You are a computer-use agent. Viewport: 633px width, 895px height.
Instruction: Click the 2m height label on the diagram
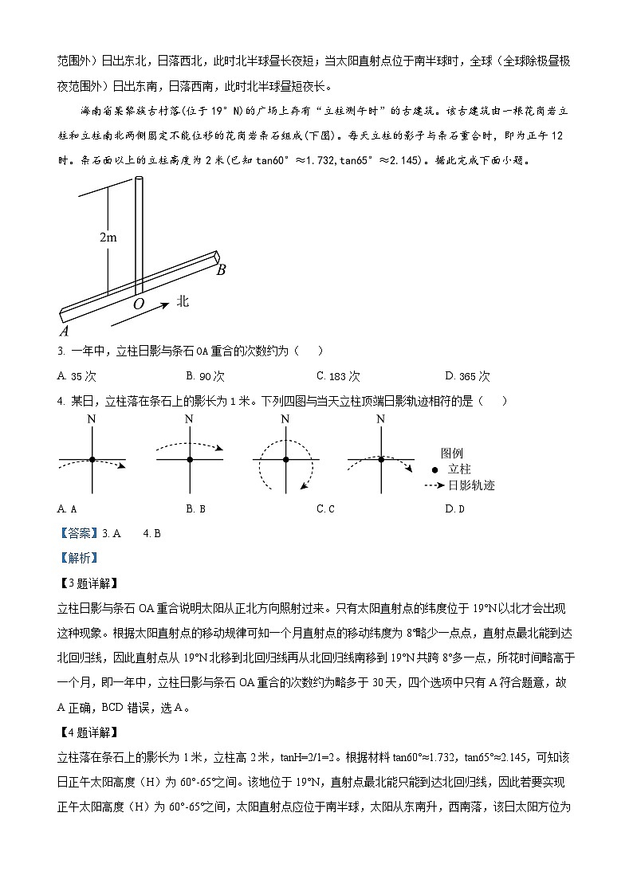coord(108,237)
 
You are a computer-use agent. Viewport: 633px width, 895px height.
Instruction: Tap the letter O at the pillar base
coord(139,304)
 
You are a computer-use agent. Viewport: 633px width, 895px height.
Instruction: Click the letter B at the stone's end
coord(221,270)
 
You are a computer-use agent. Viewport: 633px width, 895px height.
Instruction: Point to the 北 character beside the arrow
coord(183,300)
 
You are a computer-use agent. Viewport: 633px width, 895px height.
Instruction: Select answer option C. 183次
coord(338,376)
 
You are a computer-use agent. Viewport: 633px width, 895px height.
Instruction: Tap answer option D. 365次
coord(468,376)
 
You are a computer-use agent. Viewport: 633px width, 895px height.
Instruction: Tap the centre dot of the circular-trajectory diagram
coord(285,460)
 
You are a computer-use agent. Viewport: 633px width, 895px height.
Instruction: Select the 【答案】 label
coord(78,533)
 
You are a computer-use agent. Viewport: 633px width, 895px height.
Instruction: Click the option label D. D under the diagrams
coord(454,508)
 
